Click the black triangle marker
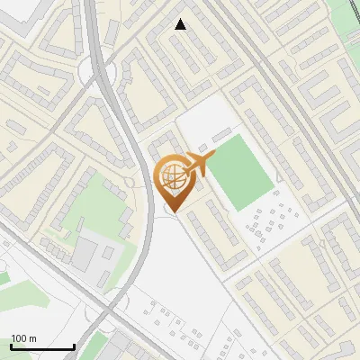pyautogui.click(x=181, y=24)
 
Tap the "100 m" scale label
pyautogui.click(x=24, y=338)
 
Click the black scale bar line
pyautogui.click(x=42, y=347)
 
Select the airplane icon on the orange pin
pyautogui.click(x=200, y=164)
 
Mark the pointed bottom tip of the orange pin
pyautogui.click(x=173, y=212)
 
